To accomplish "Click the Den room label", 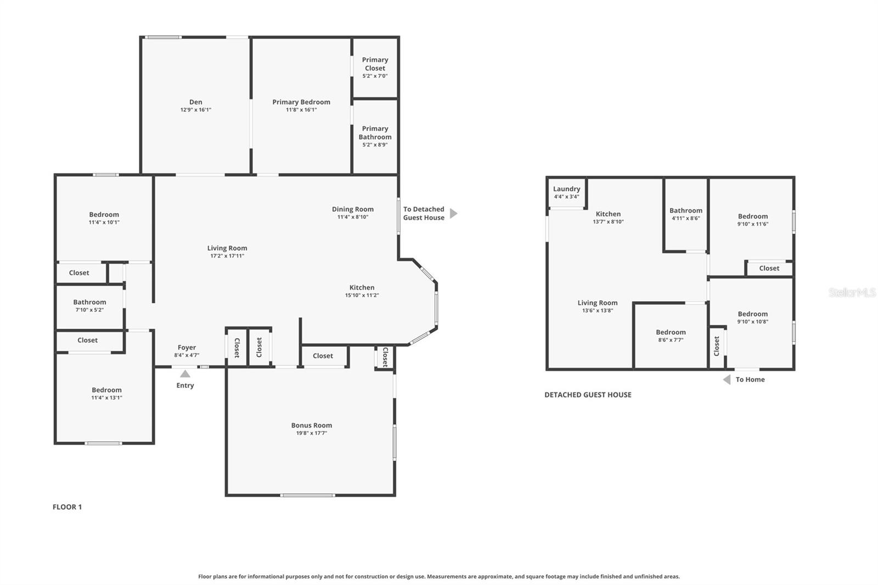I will tap(195, 102).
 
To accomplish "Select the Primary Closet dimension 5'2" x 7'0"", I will tap(375, 76).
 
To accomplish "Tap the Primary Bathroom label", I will tap(375, 133).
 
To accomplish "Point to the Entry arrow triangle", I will tap(185, 374).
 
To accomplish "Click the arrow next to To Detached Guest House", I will tap(453, 213).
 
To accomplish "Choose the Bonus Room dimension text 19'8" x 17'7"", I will tap(311, 433).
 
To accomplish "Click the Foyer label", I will tap(187, 347).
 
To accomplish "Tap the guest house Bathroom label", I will tap(685, 211).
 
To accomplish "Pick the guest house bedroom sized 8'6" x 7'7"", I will tap(671, 336).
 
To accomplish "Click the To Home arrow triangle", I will tap(727, 380).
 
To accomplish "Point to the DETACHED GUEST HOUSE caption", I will tap(588, 395).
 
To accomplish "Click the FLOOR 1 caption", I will tap(67, 507).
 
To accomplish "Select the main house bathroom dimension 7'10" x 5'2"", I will tap(89, 310).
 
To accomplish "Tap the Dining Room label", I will tap(352, 209).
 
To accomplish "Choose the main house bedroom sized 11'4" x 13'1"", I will tap(106, 393).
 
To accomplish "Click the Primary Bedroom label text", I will tap(301, 102).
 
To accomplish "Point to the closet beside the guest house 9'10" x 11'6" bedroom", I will tap(769, 268).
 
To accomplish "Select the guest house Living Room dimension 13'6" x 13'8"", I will tap(597, 311).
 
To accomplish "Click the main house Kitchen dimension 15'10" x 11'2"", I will tap(362, 295).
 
